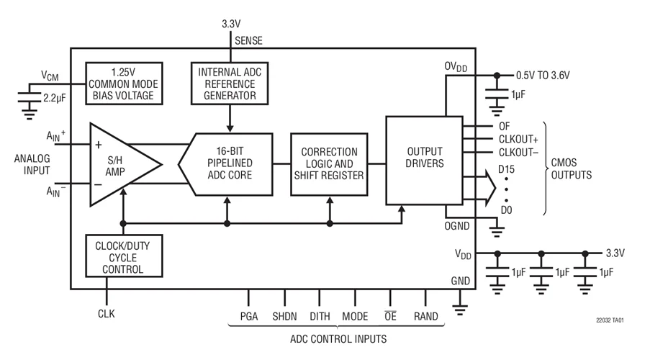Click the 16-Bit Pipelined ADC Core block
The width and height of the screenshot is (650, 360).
230,165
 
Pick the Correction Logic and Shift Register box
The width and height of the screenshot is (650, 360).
329,164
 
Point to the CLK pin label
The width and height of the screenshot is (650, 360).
106,313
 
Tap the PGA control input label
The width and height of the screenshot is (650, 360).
249,316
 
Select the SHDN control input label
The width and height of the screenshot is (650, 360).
284,316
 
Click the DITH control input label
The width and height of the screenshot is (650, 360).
320,316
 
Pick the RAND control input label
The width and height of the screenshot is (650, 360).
426,316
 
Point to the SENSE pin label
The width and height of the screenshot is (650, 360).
250,41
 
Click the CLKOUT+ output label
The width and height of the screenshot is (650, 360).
519,138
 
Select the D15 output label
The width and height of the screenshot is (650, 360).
507,169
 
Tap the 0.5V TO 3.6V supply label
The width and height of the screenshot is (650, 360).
548,74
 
